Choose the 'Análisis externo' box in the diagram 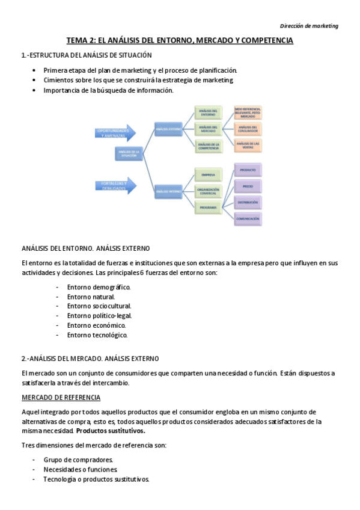point(168,129)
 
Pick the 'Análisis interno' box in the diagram point(168,191)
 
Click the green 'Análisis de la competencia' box point(208,145)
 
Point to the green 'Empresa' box point(208,175)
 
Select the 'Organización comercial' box point(208,191)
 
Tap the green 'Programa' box point(208,207)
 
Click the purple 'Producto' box point(248,170)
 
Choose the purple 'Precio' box point(248,186)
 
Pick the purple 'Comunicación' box point(248,219)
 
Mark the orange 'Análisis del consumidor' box point(248,128)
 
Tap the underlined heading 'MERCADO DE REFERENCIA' point(61,398)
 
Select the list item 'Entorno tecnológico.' point(97,335)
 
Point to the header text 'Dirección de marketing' point(310,26)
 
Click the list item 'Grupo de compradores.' point(78,460)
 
